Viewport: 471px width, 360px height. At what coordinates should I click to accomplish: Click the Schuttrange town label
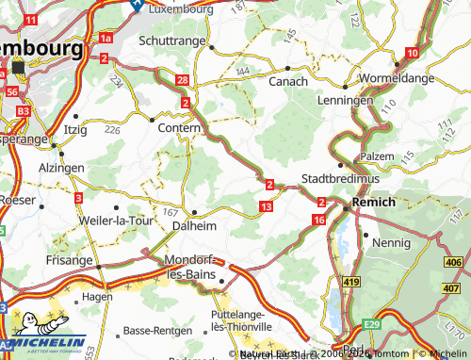click(171, 41)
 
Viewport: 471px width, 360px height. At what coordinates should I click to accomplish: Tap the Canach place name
click(289, 82)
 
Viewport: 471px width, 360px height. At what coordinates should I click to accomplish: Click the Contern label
click(179, 126)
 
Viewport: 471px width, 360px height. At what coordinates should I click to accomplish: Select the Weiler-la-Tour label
click(114, 220)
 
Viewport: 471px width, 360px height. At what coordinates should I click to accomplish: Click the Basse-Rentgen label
click(157, 333)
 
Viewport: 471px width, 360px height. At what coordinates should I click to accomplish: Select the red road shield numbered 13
click(267, 206)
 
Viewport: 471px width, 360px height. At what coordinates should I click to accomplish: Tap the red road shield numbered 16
click(319, 220)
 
